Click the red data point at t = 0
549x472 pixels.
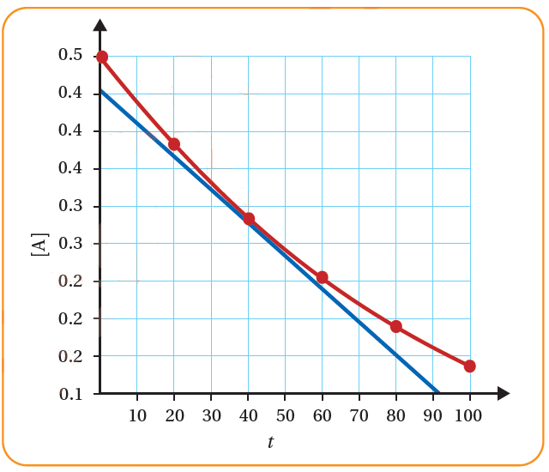102,57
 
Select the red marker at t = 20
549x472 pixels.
174,144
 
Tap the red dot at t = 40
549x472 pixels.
249,219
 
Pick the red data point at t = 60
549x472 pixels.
323,277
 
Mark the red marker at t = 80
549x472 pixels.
396,327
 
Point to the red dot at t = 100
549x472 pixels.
470,366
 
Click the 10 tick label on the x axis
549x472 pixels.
137,416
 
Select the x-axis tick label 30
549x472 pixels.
211,416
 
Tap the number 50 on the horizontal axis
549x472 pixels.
285,416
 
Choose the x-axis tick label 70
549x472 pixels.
359,416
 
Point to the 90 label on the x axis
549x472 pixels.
432,416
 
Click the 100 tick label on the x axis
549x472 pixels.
468,416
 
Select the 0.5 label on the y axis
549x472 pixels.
70,56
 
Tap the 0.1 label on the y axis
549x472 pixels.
70,394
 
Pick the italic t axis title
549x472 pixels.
271,443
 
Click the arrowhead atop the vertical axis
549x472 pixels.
100,25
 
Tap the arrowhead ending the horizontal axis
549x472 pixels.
504,394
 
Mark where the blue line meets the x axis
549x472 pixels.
439,393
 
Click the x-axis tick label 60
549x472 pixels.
322,416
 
